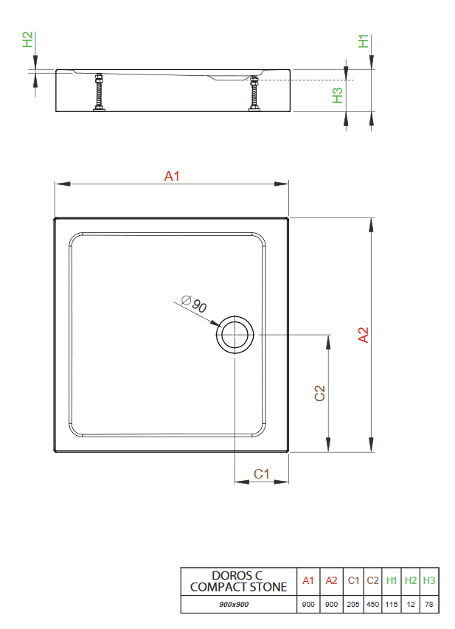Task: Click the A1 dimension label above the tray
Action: pyautogui.click(x=172, y=176)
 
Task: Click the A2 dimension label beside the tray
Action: pyautogui.click(x=363, y=335)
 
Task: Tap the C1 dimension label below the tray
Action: pyautogui.click(x=261, y=473)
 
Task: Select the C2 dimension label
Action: pyautogui.click(x=320, y=393)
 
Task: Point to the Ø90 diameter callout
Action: pyautogui.click(x=193, y=303)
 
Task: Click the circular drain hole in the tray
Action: pyautogui.click(x=235, y=335)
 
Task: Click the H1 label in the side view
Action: pyautogui.click(x=363, y=41)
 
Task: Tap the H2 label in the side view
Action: pyautogui.click(x=27, y=40)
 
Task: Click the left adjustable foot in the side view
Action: pyautogui.click(x=98, y=93)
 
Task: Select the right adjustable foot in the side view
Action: pyautogui.click(x=254, y=93)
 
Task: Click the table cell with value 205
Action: pyautogui.click(x=353, y=605)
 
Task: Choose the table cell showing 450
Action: pyautogui.click(x=372, y=605)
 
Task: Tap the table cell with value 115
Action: pyautogui.click(x=392, y=605)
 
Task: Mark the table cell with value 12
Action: pyautogui.click(x=411, y=605)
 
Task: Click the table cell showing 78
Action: pyautogui.click(x=429, y=605)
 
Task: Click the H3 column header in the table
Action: pyautogui.click(x=429, y=581)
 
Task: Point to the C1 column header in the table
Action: pyautogui.click(x=353, y=581)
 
